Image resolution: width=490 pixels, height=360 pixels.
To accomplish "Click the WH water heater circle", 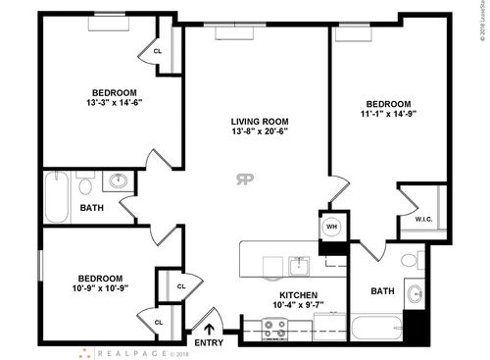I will (332, 225).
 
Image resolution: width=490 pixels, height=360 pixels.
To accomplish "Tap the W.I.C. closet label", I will (423, 219).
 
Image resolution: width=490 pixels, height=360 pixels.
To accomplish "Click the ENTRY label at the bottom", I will (209, 342).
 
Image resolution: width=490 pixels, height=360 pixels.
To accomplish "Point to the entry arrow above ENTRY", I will (209, 328).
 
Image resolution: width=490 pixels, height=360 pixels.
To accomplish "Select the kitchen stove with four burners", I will (274, 328).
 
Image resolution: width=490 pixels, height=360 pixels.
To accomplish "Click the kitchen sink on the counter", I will (297, 265).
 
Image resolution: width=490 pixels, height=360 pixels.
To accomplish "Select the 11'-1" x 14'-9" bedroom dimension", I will (389, 115).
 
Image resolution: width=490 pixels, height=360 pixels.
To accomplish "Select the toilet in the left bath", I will (84, 184).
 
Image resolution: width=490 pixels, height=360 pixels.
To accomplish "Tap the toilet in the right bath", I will (411, 261).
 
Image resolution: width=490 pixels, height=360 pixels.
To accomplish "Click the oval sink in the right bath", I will (415, 294).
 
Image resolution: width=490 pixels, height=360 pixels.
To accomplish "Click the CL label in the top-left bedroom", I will (158, 51).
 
